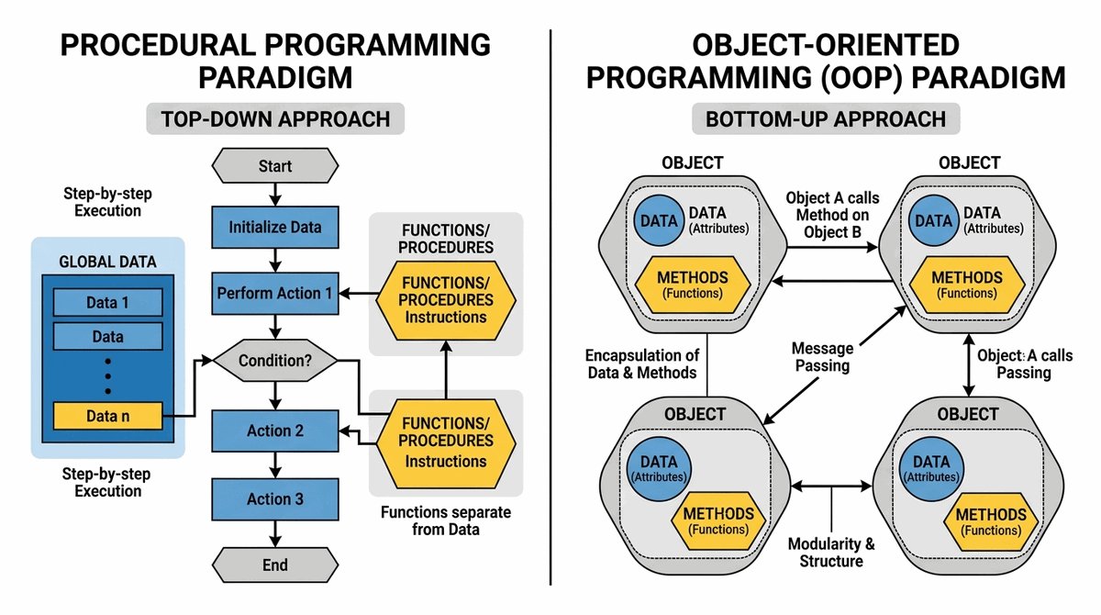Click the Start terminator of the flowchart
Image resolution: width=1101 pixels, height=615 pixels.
(275, 166)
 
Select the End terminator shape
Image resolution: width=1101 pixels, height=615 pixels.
(275, 565)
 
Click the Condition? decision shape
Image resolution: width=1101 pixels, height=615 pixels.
(275, 361)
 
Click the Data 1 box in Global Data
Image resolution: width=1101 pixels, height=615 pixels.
(108, 303)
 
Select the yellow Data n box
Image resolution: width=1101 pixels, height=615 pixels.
(108, 416)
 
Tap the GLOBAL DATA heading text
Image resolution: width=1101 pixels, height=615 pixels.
(107, 261)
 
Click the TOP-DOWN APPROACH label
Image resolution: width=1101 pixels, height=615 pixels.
(275, 118)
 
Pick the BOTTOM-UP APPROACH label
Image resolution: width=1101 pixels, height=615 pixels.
(826, 118)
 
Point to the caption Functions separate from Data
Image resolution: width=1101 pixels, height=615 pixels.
(446, 520)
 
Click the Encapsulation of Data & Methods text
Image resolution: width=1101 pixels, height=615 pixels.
(642, 363)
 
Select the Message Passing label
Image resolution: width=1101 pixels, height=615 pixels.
(823, 357)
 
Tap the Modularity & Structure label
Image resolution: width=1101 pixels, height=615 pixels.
(831, 552)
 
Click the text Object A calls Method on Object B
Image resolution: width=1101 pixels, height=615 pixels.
(831, 215)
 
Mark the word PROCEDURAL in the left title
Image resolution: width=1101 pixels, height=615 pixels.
(157, 45)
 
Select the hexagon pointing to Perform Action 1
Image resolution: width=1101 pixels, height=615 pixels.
(445, 294)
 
